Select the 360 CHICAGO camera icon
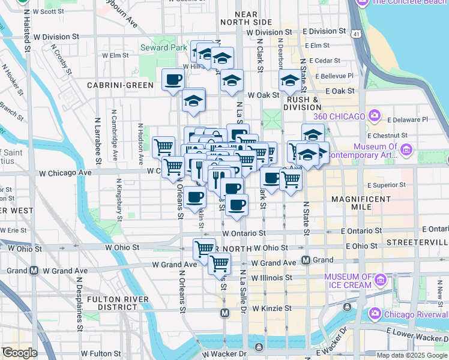pos(375,116)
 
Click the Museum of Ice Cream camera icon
pos(379,278)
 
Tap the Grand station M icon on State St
pos(306,260)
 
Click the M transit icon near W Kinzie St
pos(224,313)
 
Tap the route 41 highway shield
pos(357,35)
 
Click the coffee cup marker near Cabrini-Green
pos(173,79)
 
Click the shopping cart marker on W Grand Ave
pos(220,263)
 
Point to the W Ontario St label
pos(244,233)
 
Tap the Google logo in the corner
pos(19,353)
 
